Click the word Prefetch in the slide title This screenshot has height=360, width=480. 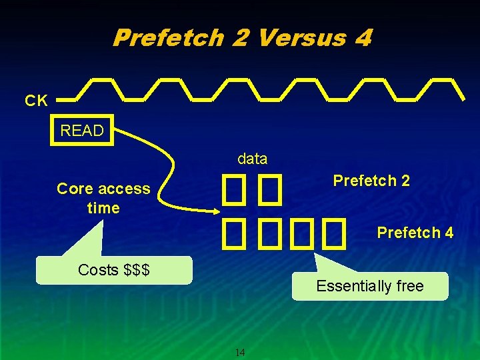pyautogui.click(x=167, y=37)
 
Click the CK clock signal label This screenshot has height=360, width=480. pyautogui.click(x=36, y=101)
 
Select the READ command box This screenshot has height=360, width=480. pyautogui.click(x=82, y=131)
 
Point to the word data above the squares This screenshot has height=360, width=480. pyautogui.click(x=252, y=159)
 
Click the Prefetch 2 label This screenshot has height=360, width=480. pyautogui.click(x=371, y=181)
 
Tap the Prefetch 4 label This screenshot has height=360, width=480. pyautogui.click(x=415, y=233)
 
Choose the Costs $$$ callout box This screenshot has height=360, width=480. pyautogui.click(x=113, y=270)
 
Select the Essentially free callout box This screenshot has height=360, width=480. pyautogui.click(x=370, y=286)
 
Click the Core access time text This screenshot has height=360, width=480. pyautogui.click(x=103, y=198)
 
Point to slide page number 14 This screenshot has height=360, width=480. pyautogui.click(x=241, y=352)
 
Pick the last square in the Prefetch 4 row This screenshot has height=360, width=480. pyautogui.click(x=335, y=233)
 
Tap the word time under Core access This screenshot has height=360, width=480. pyautogui.click(x=103, y=208)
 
